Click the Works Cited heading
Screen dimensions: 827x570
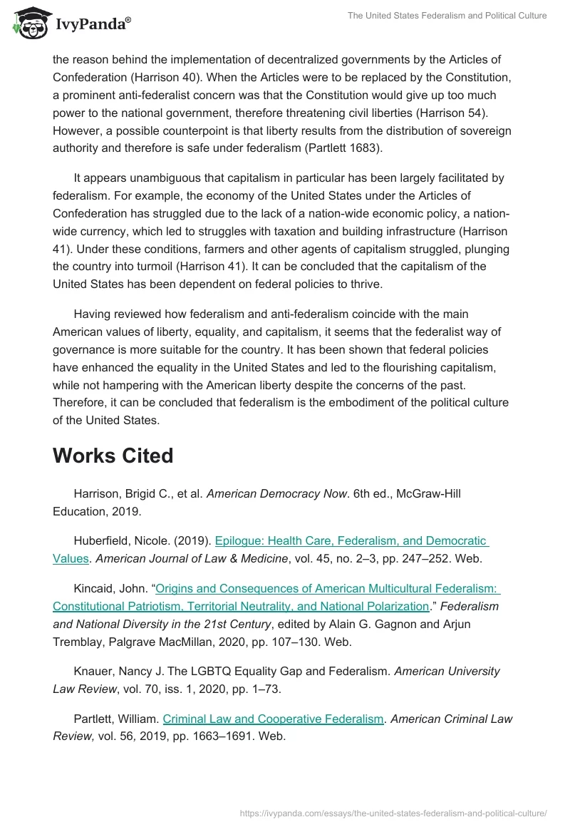click(113, 456)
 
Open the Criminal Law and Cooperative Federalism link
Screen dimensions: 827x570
click(273, 719)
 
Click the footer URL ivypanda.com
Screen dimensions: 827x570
click(393, 812)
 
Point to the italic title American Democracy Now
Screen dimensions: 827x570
click(276, 493)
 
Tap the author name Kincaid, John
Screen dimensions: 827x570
click(110, 588)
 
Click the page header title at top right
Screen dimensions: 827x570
click(447, 16)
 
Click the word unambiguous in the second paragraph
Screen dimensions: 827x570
click(149, 178)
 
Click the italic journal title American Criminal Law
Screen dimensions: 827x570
click(452, 719)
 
